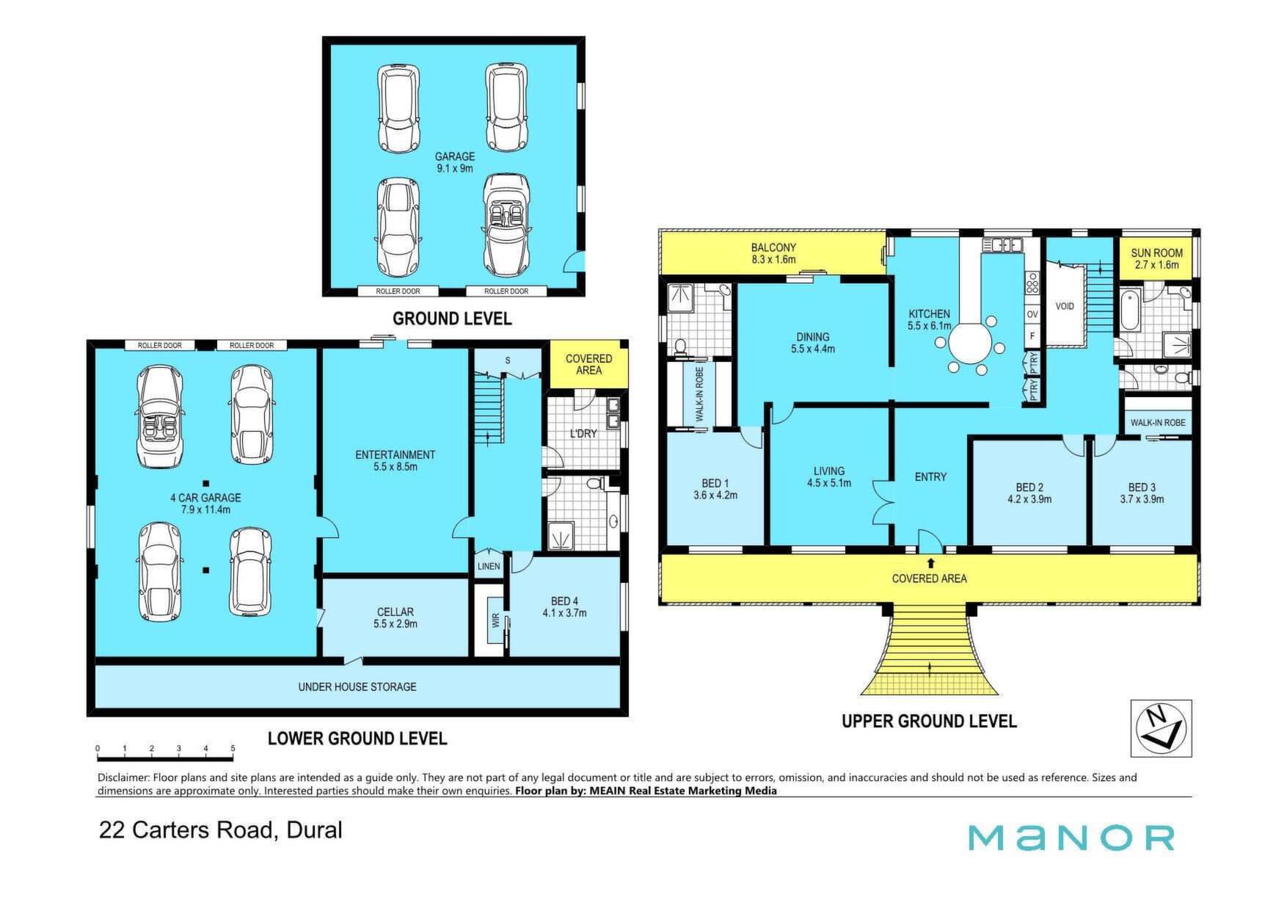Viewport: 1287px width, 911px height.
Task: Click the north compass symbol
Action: (x=1161, y=727)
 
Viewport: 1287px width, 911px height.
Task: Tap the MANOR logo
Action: (x=1071, y=838)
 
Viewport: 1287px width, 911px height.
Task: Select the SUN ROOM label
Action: (x=1156, y=253)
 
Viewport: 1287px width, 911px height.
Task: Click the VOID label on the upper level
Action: (x=1065, y=305)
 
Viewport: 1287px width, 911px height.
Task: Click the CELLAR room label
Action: (x=395, y=611)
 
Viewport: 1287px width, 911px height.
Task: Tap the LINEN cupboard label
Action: (x=489, y=566)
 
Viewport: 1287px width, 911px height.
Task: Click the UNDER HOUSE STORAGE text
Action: (x=357, y=686)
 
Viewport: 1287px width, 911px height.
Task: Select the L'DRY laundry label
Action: (x=583, y=433)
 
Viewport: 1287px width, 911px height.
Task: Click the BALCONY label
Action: (x=773, y=247)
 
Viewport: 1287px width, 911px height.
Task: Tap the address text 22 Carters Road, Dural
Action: (x=221, y=830)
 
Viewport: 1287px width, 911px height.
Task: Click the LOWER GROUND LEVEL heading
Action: (x=357, y=738)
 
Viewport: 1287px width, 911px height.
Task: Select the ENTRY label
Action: (x=930, y=476)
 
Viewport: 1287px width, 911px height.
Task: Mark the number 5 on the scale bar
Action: (x=233, y=749)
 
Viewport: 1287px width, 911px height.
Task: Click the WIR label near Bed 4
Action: (x=495, y=620)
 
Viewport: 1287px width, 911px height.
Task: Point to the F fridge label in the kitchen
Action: (x=1032, y=336)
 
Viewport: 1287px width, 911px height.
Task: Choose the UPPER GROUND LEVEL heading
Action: (x=929, y=721)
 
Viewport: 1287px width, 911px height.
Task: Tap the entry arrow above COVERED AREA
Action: (x=931, y=563)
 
